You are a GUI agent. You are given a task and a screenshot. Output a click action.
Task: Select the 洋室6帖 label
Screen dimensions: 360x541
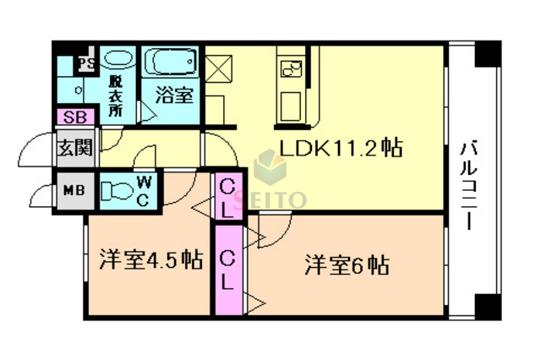pos(347,265)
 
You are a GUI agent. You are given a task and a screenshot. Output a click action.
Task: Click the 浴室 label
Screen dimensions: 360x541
pos(174,95)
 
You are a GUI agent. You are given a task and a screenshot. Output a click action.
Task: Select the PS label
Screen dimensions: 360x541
pos(85,63)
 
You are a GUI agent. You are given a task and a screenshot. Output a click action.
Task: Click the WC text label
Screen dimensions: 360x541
pos(144,188)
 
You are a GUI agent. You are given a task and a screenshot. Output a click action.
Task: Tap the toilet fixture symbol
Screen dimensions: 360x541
pos(117,189)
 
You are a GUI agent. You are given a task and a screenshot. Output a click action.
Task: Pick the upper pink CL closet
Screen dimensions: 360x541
pos(227,193)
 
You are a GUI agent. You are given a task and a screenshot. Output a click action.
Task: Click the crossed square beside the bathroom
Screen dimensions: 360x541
pos(218,66)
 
